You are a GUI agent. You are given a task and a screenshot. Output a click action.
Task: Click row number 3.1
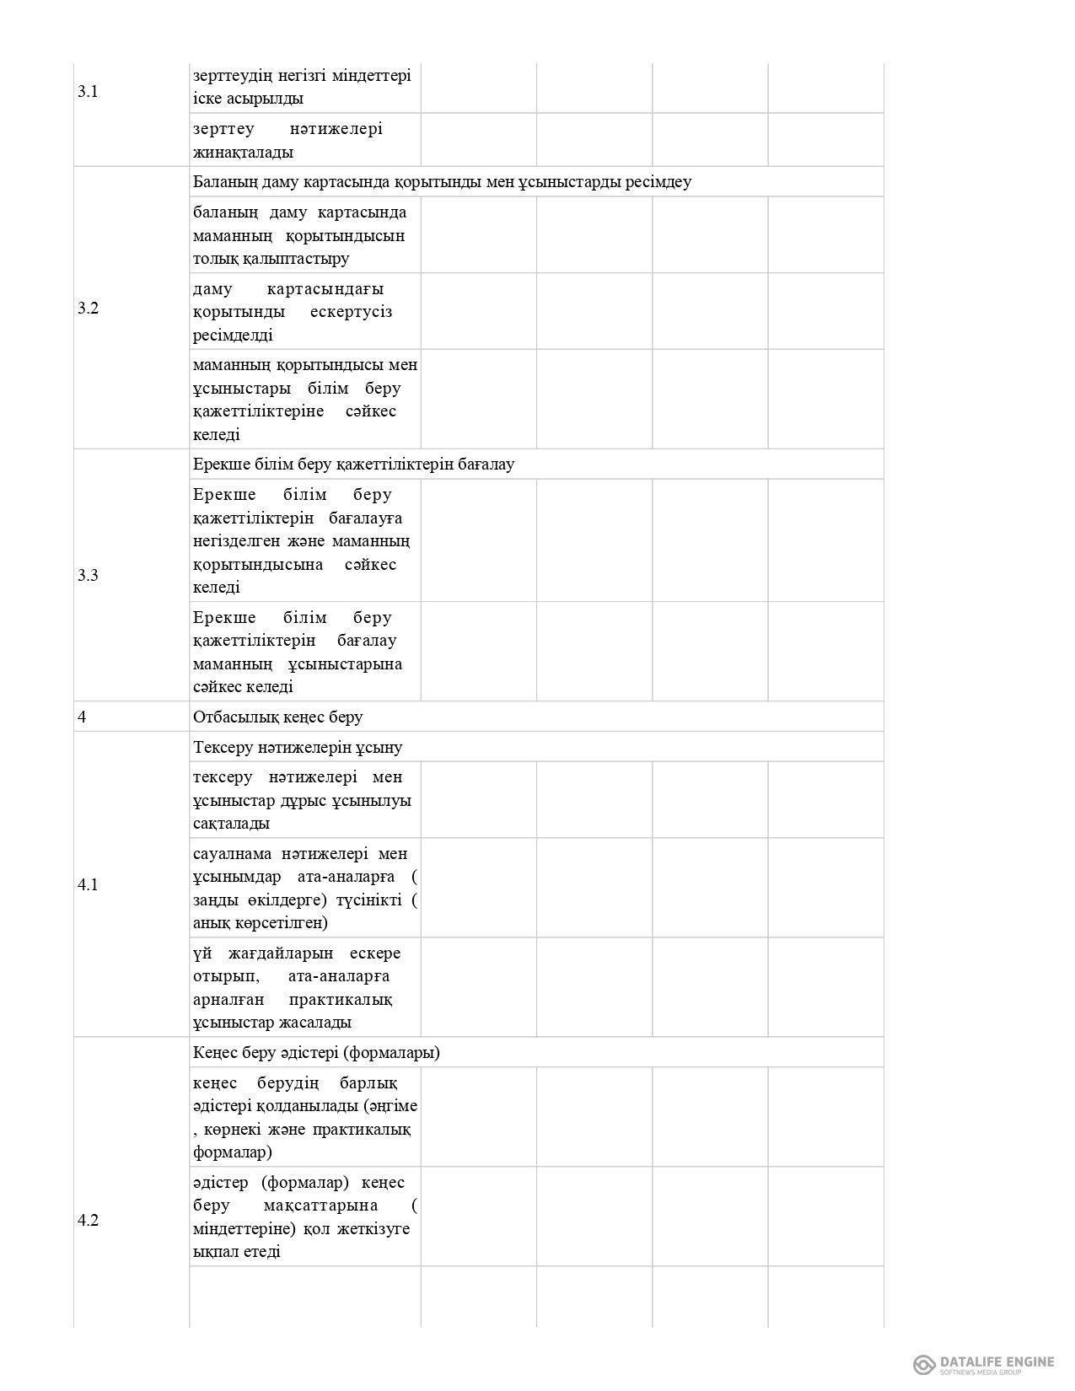click(x=88, y=92)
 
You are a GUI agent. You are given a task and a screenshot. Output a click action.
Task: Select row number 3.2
click(x=88, y=308)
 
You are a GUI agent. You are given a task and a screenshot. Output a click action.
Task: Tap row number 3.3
click(x=88, y=575)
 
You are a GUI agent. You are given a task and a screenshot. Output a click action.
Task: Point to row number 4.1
click(x=88, y=884)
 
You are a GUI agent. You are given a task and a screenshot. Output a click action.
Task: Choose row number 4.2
click(x=88, y=1220)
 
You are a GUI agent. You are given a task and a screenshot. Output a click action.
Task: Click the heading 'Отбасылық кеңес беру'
click(x=278, y=717)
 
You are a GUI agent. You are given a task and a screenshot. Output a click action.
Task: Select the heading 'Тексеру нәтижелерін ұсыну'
click(x=298, y=747)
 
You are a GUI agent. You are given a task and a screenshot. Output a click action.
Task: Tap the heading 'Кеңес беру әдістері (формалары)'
click(x=316, y=1052)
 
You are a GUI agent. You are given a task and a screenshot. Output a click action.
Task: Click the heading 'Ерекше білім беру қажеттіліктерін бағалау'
click(x=353, y=465)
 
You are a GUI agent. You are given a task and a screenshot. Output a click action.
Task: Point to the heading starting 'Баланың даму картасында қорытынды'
click(x=442, y=182)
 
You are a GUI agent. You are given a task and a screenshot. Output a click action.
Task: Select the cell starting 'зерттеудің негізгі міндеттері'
click(x=302, y=87)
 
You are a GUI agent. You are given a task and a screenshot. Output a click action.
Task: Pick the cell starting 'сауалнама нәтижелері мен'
click(x=304, y=888)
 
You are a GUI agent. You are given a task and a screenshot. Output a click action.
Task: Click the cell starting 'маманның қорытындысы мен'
click(x=304, y=400)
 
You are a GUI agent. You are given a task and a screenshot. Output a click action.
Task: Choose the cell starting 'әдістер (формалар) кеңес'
click(x=304, y=1216)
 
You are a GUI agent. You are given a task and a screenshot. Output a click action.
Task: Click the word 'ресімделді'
click(x=233, y=335)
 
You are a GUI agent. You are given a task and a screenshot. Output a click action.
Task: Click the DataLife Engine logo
click(x=984, y=1363)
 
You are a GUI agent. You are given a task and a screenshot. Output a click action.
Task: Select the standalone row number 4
click(x=82, y=717)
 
